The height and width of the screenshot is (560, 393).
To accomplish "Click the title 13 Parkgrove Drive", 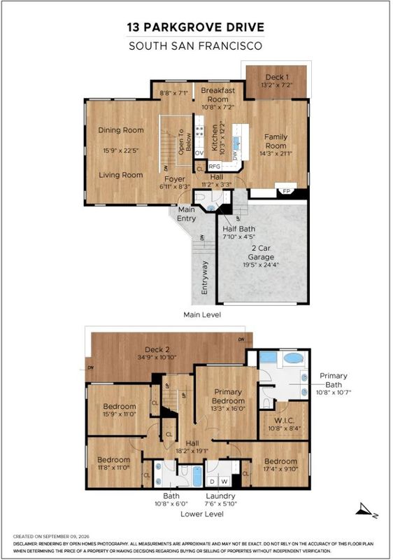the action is [x=196, y=27].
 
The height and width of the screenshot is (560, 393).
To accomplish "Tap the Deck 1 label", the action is [x=277, y=77].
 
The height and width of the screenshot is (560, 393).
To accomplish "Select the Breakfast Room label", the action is [x=218, y=94].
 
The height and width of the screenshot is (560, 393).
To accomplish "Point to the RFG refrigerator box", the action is [x=214, y=167].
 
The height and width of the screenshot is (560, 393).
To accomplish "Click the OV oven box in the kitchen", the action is [x=199, y=153].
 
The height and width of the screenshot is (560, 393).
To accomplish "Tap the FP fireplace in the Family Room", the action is [x=286, y=190].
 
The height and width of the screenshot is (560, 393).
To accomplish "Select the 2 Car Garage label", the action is [x=261, y=253].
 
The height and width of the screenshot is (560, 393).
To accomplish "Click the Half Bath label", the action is [x=239, y=229].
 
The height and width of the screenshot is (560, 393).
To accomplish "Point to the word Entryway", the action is [x=204, y=277].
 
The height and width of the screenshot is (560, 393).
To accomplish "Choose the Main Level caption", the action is [x=202, y=314].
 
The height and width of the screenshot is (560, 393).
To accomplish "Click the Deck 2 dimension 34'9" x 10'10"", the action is [x=157, y=357].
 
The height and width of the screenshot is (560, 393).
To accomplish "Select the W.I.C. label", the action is [x=284, y=421].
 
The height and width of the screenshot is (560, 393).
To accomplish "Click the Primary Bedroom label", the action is [x=228, y=396].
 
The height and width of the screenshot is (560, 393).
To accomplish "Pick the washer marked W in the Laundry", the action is [x=224, y=482].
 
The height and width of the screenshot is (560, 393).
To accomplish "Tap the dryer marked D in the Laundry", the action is [x=212, y=482].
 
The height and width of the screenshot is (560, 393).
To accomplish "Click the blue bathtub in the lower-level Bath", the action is [x=197, y=476].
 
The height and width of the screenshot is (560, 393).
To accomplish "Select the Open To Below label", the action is [x=185, y=142].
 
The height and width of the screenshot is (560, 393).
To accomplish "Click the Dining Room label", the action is [x=121, y=130].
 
